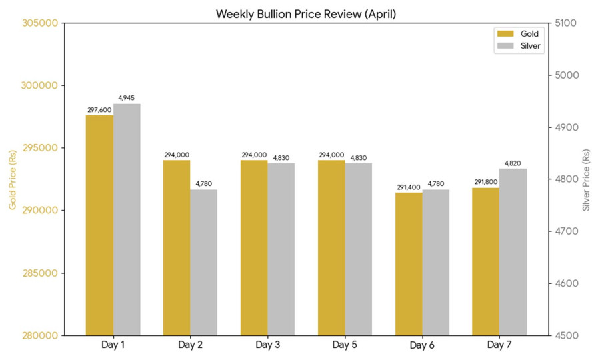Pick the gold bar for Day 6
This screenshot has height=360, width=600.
click(409, 263)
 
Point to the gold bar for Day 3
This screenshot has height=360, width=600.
click(254, 247)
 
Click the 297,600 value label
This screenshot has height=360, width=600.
click(99, 109)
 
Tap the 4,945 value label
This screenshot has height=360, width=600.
click(127, 98)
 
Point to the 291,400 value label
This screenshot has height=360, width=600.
click(409, 187)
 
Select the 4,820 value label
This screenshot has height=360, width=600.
click(513, 163)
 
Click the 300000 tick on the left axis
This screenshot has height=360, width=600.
click(39, 85)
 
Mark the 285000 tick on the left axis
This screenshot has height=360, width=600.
click(39, 273)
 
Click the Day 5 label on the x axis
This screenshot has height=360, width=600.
click(345, 345)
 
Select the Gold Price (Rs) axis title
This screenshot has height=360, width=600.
click(12, 179)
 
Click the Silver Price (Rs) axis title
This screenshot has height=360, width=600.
click(586, 179)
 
